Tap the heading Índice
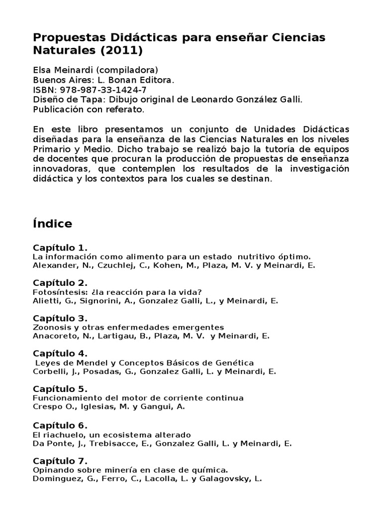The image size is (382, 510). pos(52,224)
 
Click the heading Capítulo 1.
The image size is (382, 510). pos(60,248)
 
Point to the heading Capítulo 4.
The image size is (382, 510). pos(60,354)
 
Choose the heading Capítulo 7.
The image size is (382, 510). pos(60,460)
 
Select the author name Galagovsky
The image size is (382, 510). pos(223,479)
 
